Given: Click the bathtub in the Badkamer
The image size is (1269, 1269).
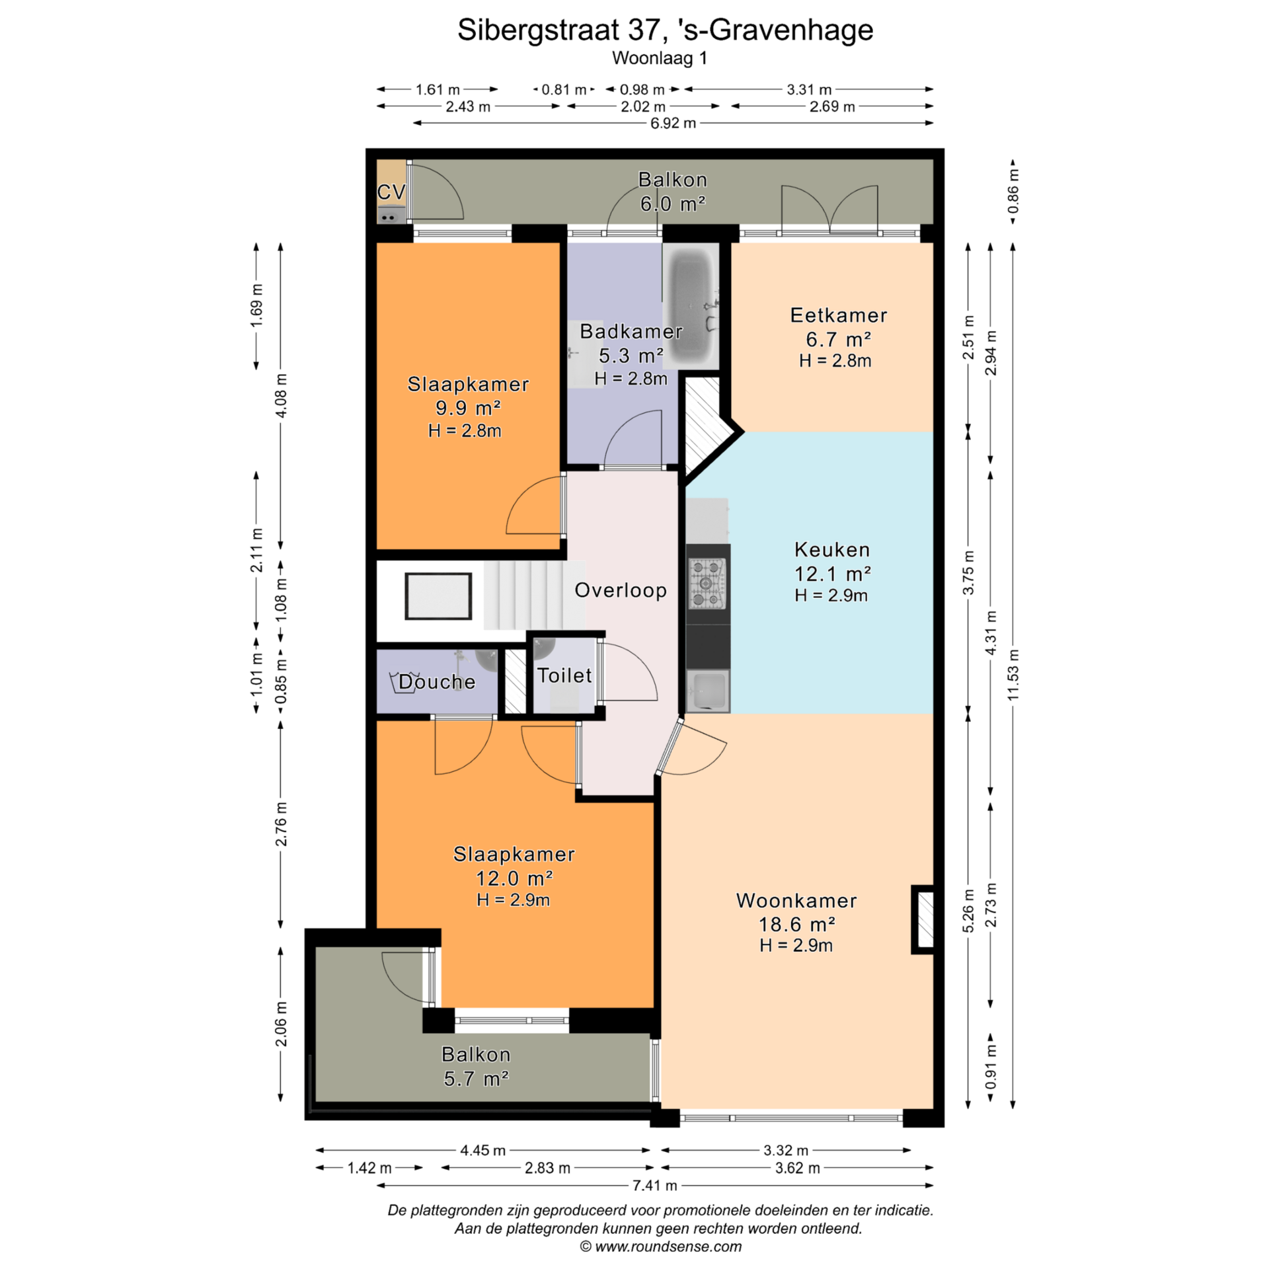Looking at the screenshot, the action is tap(691, 305).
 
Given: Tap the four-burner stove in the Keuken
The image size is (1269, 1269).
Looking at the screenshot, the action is tap(707, 584).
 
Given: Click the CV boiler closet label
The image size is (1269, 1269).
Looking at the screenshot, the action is tap(391, 192).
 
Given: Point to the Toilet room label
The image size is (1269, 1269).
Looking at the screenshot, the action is tap(564, 675).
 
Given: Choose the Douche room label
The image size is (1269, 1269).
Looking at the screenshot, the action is tap(437, 682).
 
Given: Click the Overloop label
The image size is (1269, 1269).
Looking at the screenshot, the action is tap(621, 590).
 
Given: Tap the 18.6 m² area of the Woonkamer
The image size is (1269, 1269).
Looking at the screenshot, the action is tap(796, 924).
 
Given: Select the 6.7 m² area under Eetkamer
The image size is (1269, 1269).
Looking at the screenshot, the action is tap(838, 340).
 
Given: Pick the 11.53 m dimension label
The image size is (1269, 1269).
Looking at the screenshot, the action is tap(1013, 675).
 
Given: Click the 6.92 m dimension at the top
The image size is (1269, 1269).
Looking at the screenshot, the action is tap(673, 123).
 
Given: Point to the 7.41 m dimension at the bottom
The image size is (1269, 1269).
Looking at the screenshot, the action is tap(654, 1186).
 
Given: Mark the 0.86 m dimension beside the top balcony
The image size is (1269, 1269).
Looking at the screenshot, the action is tap(1013, 191).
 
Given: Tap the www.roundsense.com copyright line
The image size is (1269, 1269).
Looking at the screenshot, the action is tap(661, 1247).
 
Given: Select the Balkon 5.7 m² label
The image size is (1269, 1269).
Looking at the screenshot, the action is tap(476, 1067).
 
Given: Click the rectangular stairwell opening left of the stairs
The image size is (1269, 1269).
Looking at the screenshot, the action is tap(438, 596).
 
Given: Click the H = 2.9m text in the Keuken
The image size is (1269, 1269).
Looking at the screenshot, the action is tap(831, 596).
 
